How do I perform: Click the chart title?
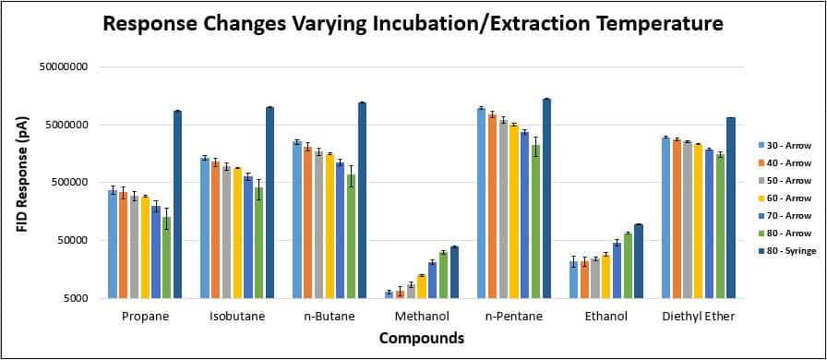pyautogui.click(x=413, y=23)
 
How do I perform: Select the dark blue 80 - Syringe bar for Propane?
pyautogui.click(x=177, y=205)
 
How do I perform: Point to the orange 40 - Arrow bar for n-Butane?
pyautogui.click(x=307, y=222)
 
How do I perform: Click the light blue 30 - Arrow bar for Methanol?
pyautogui.click(x=389, y=295)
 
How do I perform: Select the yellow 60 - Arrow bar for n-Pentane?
pyautogui.click(x=514, y=211)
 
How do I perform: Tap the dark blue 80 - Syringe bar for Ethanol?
pyautogui.click(x=639, y=261)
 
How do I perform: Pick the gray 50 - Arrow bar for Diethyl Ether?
pyautogui.click(x=688, y=220)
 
